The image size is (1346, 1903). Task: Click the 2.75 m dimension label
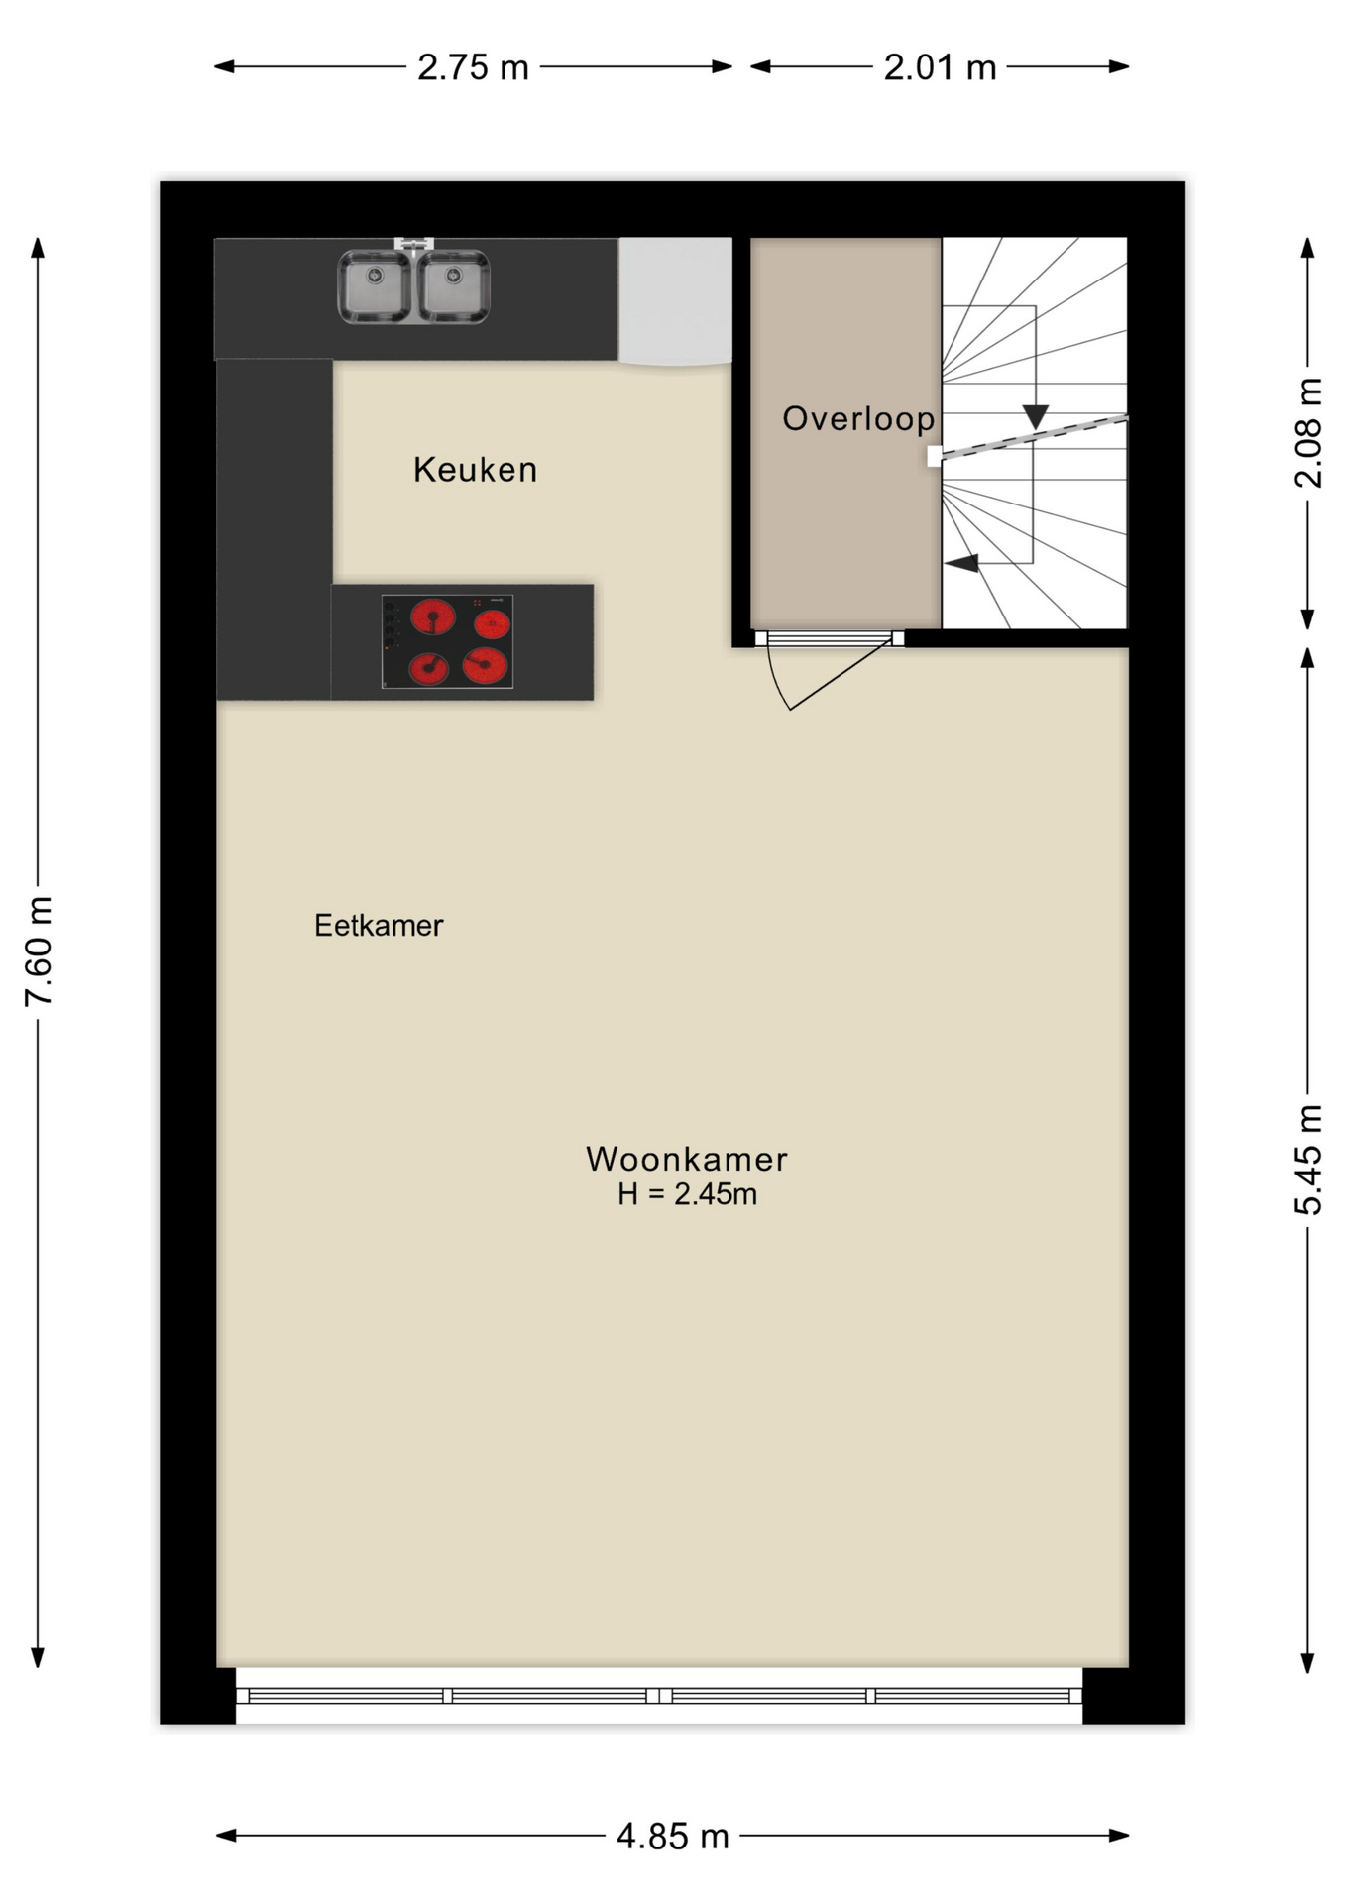click(x=473, y=67)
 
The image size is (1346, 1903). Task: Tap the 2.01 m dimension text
click(x=940, y=67)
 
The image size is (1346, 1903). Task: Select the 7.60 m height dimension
click(x=39, y=951)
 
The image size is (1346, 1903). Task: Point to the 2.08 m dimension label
click(x=1308, y=432)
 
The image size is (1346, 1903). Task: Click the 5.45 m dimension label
click(x=1308, y=1160)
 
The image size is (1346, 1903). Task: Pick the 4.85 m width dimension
click(x=673, y=1837)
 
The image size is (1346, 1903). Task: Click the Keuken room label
click(x=475, y=469)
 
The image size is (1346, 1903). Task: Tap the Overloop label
click(x=858, y=419)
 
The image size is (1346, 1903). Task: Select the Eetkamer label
click(x=379, y=926)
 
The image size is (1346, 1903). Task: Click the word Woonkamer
click(x=687, y=1159)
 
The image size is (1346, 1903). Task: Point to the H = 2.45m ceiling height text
click(x=687, y=1195)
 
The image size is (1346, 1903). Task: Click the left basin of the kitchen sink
click(x=375, y=286)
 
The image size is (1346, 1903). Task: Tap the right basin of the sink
click(x=453, y=286)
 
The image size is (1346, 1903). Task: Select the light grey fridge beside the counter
click(x=676, y=301)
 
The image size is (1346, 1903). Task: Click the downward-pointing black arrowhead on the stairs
click(x=1036, y=416)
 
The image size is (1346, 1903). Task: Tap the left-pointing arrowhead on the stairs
click(x=961, y=563)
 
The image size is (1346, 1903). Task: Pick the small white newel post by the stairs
click(x=935, y=456)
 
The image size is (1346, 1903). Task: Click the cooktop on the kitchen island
click(x=448, y=641)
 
